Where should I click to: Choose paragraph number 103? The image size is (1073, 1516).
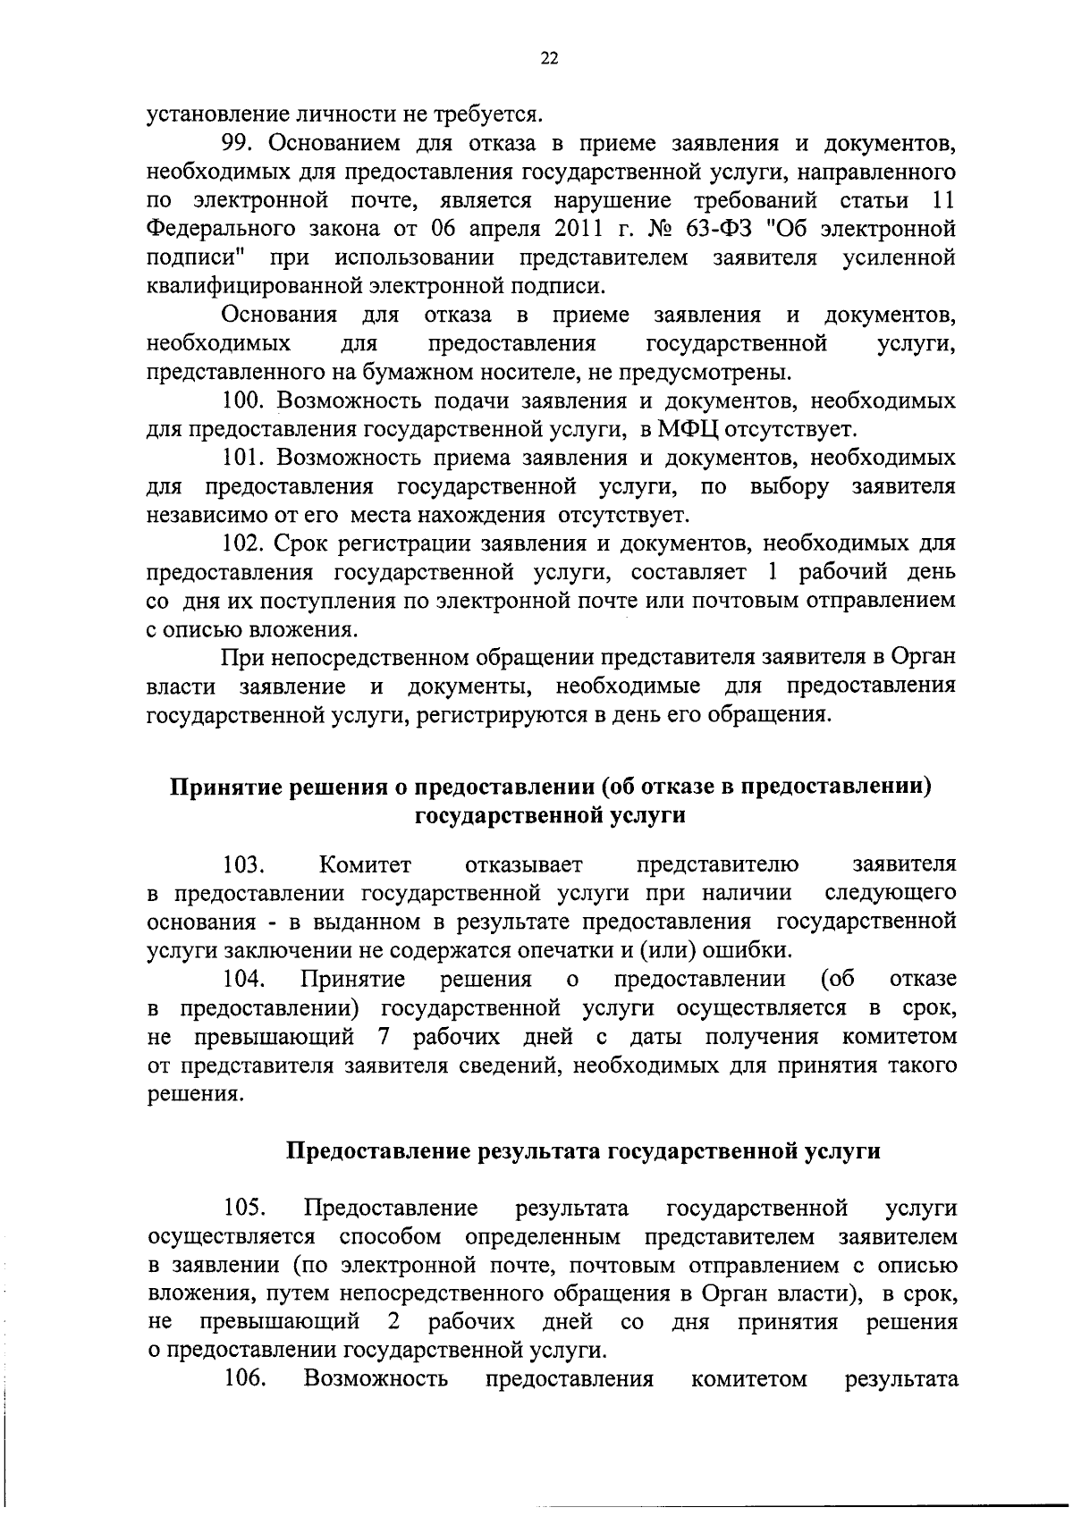coord(244,864)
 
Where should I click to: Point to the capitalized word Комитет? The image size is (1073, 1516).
coord(365,864)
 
